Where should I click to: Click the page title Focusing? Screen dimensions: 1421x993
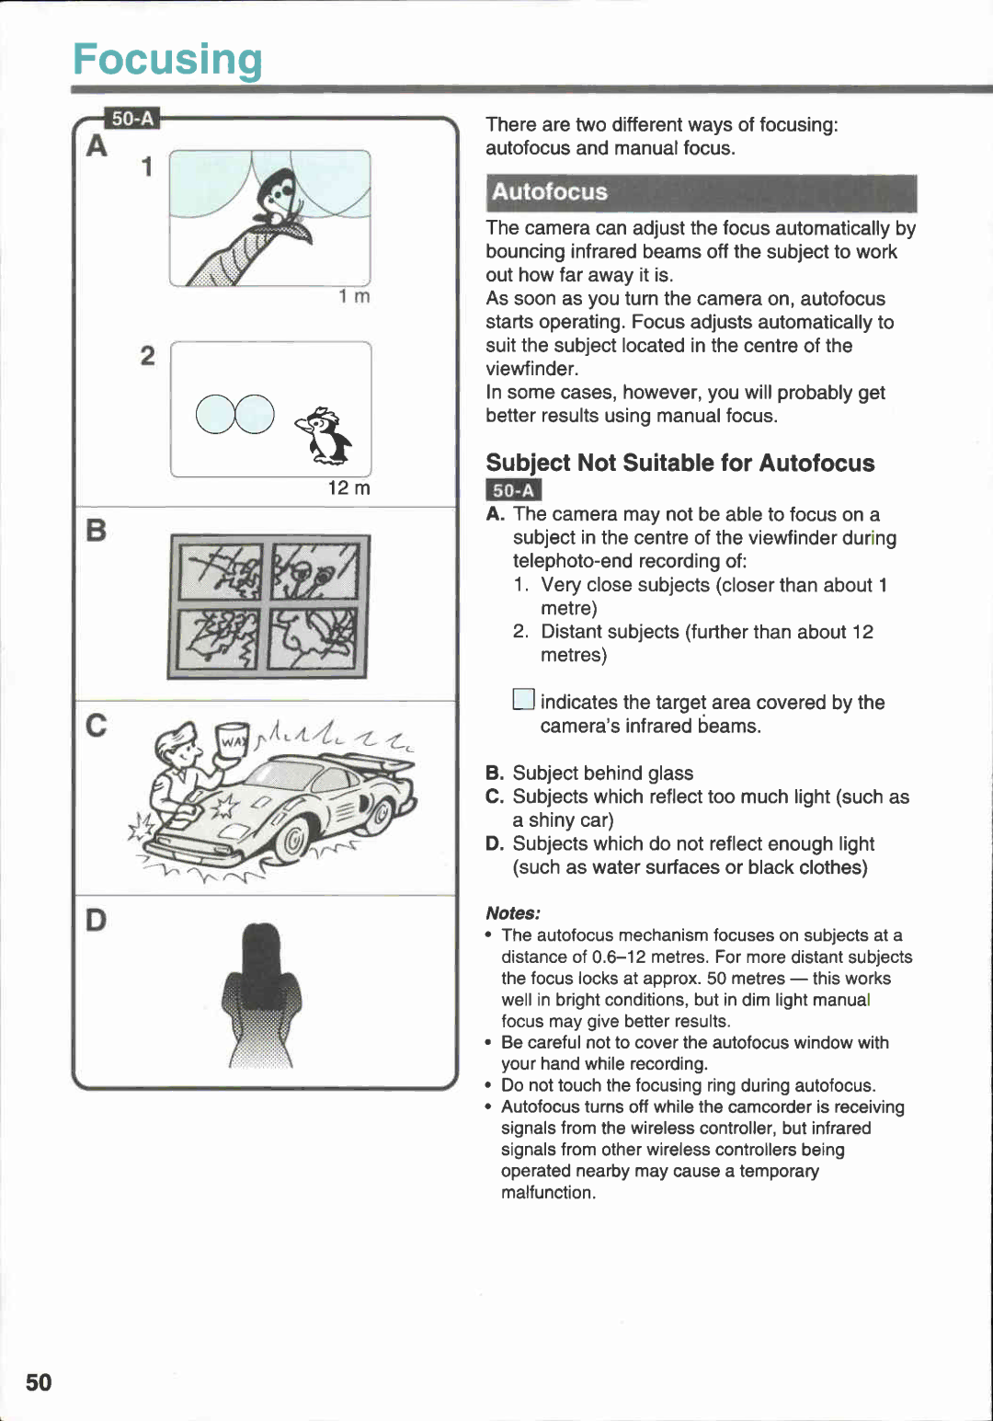point(167,60)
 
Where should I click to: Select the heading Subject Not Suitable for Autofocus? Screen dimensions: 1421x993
point(679,463)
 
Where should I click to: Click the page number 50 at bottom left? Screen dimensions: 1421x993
point(39,1381)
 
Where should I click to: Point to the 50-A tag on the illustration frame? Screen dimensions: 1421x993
point(132,119)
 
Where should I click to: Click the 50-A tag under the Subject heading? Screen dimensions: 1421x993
point(513,490)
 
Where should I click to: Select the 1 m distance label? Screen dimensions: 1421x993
point(353,296)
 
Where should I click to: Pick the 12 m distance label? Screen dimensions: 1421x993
point(348,487)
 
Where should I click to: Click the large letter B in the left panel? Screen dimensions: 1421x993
point(96,531)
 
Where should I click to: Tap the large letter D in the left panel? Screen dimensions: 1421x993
point(96,920)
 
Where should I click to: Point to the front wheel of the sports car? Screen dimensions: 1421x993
point(292,839)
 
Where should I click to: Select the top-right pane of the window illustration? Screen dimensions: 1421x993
point(314,570)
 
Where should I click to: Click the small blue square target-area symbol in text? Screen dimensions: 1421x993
point(523,700)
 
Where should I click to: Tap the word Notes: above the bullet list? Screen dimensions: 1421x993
point(513,912)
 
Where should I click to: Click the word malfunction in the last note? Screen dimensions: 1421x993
point(547,1192)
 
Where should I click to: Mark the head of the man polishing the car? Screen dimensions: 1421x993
point(177,746)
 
